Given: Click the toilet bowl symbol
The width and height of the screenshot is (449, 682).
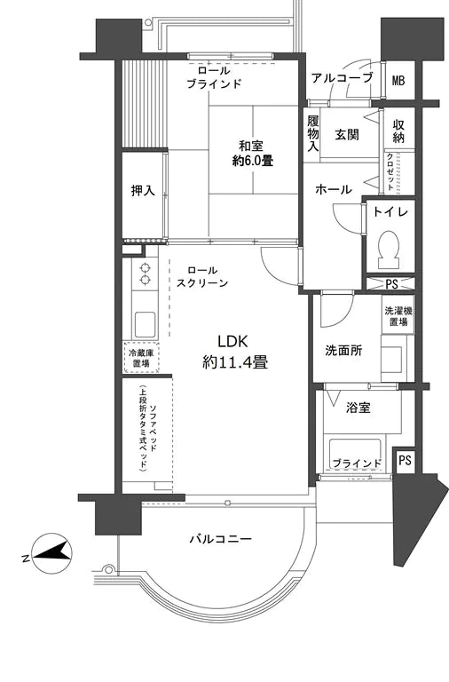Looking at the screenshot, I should [389, 250].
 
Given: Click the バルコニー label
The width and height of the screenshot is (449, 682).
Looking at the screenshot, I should [221, 539].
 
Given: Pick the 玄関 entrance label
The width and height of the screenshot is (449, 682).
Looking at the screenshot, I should [346, 134].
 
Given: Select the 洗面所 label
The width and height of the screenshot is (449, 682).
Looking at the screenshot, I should [342, 350].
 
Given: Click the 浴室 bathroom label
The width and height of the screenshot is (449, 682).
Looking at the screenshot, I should [359, 408].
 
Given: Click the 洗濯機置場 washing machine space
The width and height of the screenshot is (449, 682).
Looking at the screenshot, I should [397, 316].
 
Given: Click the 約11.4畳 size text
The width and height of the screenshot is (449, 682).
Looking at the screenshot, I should [235, 362].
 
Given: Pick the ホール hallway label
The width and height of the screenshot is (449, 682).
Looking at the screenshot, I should [333, 189].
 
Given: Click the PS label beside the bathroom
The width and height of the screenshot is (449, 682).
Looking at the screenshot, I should [405, 461].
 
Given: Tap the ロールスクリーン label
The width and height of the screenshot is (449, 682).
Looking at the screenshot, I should [202, 276].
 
